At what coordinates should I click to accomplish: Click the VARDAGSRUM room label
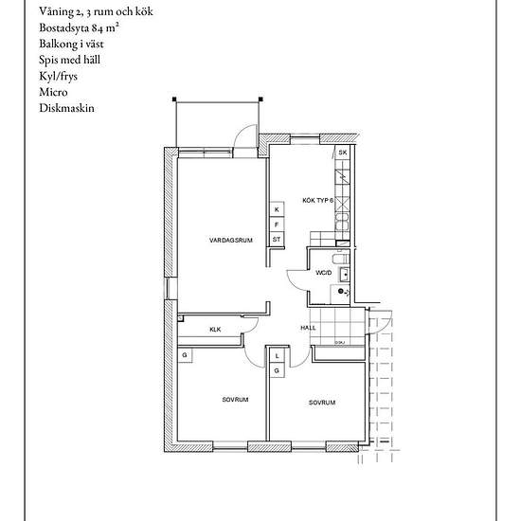tap(231, 240)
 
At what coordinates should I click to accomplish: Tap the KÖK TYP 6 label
tap(317, 201)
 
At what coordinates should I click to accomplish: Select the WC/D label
tap(324, 273)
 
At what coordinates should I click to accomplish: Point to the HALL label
tap(309, 328)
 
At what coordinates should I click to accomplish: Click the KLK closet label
tap(215, 330)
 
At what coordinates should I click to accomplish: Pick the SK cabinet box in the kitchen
tap(343, 153)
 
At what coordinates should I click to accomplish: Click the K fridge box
tap(277, 209)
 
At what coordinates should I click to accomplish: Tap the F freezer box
tap(277, 225)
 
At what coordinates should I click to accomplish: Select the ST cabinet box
tap(277, 240)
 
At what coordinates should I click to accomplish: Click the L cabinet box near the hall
tap(277, 356)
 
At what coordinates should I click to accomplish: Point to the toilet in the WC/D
tap(341, 259)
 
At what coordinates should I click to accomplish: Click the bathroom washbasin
tap(345, 275)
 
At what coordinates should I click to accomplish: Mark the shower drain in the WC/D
tap(340, 291)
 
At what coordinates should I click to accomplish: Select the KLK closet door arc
tap(254, 326)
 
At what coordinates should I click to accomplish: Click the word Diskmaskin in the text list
tap(67, 108)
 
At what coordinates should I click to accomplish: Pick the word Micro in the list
tap(53, 92)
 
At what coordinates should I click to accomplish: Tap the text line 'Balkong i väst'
tap(71, 44)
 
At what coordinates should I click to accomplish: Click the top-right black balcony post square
tap(260, 99)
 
